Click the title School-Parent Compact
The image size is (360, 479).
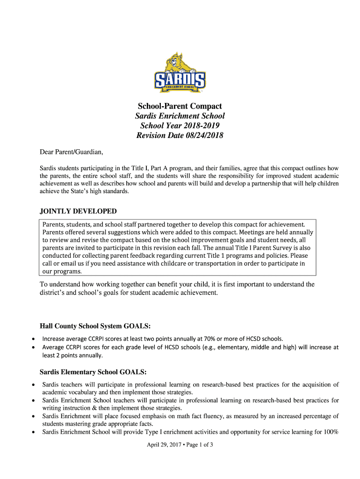[180, 106]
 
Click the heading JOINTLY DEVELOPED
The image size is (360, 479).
[78, 211]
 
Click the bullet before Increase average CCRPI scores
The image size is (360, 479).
[32, 338]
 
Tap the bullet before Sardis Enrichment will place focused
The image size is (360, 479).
[32, 416]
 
